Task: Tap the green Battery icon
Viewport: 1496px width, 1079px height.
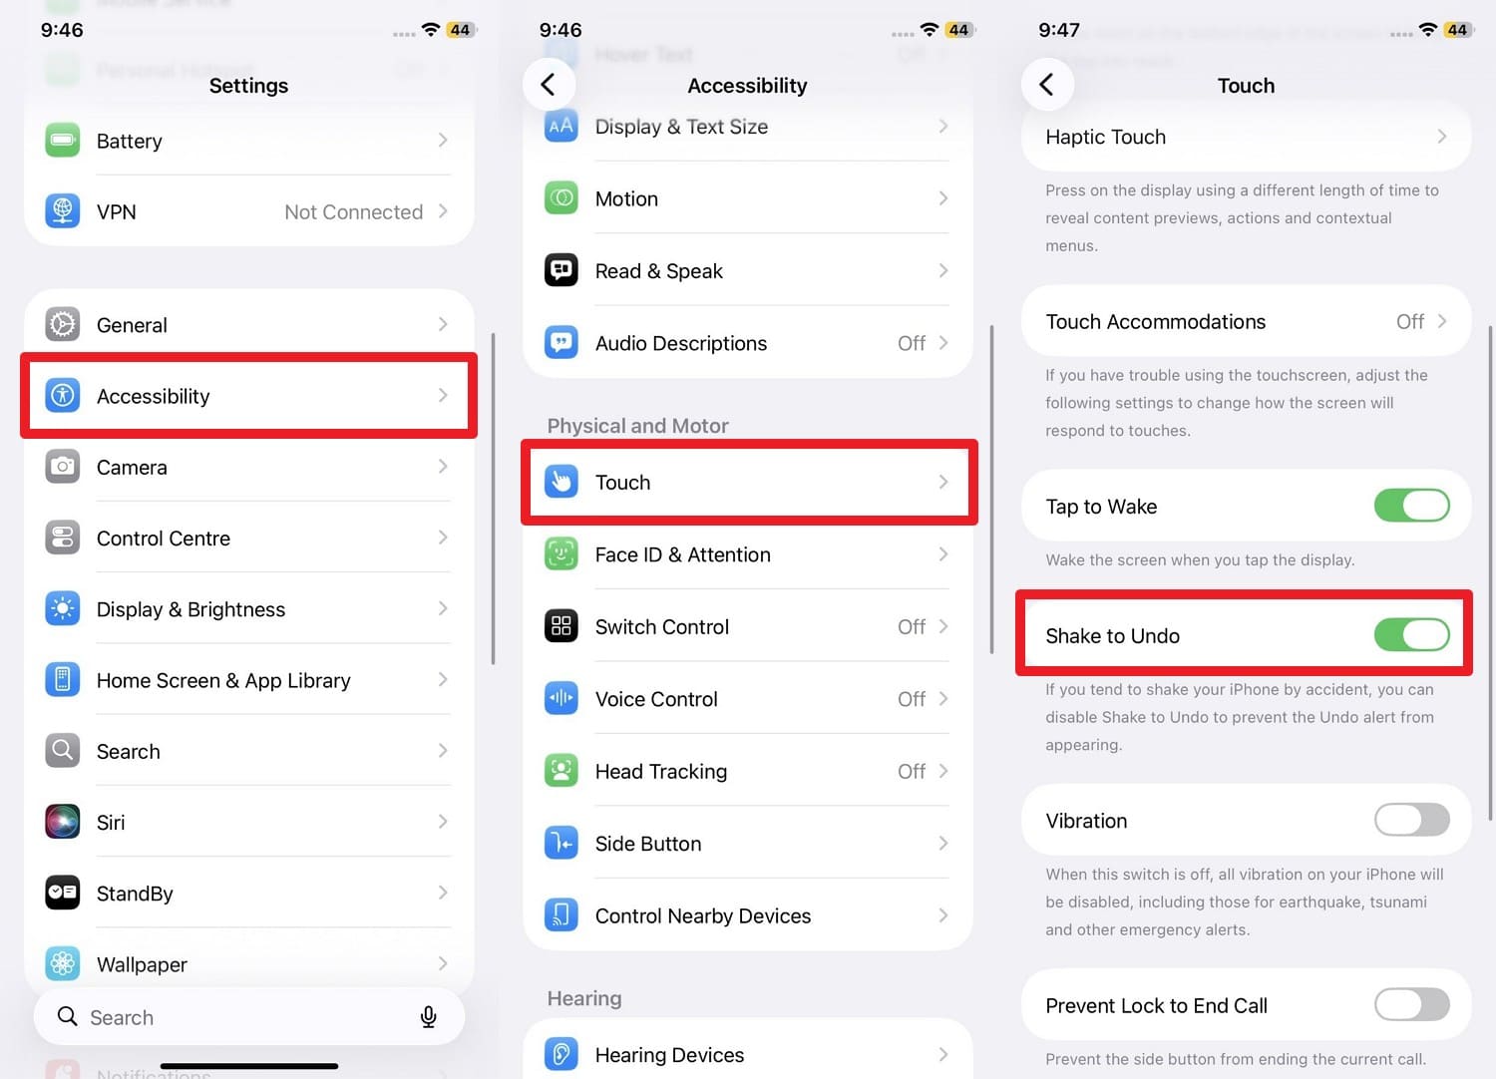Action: click(62, 141)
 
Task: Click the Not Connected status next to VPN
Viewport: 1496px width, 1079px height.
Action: click(353, 212)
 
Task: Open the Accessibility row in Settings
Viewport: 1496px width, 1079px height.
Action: click(248, 396)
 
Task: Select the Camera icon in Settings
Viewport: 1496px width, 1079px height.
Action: click(62, 467)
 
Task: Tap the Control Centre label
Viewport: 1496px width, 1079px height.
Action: click(164, 539)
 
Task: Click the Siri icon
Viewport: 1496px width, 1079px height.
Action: click(62, 822)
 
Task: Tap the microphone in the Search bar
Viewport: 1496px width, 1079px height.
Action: click(428, 1017)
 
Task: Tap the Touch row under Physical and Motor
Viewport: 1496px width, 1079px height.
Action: click(748, 483)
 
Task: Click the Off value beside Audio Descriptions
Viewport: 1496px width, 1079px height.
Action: click(911, 343)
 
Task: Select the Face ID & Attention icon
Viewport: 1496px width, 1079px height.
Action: click(561, 554)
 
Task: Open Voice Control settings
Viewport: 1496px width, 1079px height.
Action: click(748, 699)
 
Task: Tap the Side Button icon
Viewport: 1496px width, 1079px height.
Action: click(561, 844)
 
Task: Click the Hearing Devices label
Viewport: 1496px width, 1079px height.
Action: click(669, 1055)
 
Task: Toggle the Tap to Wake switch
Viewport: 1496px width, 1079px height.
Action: click(1411, 507)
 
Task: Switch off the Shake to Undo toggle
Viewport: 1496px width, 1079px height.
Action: click(1411, 635)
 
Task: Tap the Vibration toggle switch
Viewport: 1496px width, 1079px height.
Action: click(1411, 821)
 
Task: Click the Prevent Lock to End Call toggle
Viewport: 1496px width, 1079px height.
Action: click(1411, 1005)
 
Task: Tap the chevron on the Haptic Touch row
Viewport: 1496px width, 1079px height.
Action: click(1441, 137)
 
